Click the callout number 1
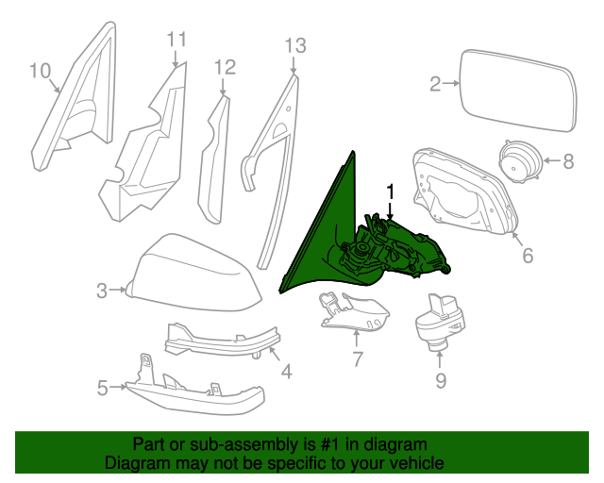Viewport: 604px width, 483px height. pyautogui.click(x=389, y=192)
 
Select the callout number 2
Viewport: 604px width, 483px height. pyautogui.click(x=436, y=85)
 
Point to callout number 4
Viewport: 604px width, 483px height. pyautogui.click(x=287, y=372)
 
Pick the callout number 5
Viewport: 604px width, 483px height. pyautogui.click(x=103, y=386)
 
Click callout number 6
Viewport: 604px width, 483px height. pyautogui.click(x=528, y=255)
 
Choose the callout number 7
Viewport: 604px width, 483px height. pyautogui.click(x=358, y=358)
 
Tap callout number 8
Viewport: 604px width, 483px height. pyautogui.click(x=568, y=161)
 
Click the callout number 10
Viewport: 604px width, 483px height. pyautogui.click(x=39, y=70)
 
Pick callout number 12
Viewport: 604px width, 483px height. pyautogui.click(x=224, y=67)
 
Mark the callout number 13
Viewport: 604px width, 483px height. pyautogui.click(x=295, y=44)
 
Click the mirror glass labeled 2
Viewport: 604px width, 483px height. pyautogui.click(x=514, y=92)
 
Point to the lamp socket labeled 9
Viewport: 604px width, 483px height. pyautogui.click(x=440, y=321)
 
